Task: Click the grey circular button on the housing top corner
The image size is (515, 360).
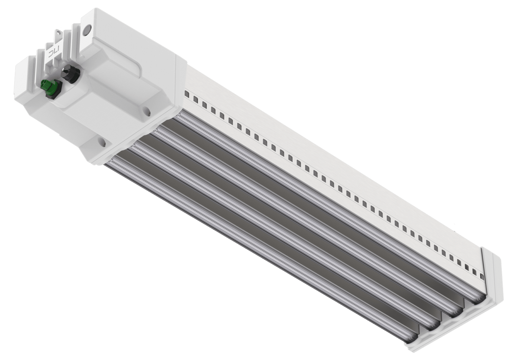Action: (88, 29)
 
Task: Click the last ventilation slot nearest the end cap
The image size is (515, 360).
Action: (482, 276)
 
